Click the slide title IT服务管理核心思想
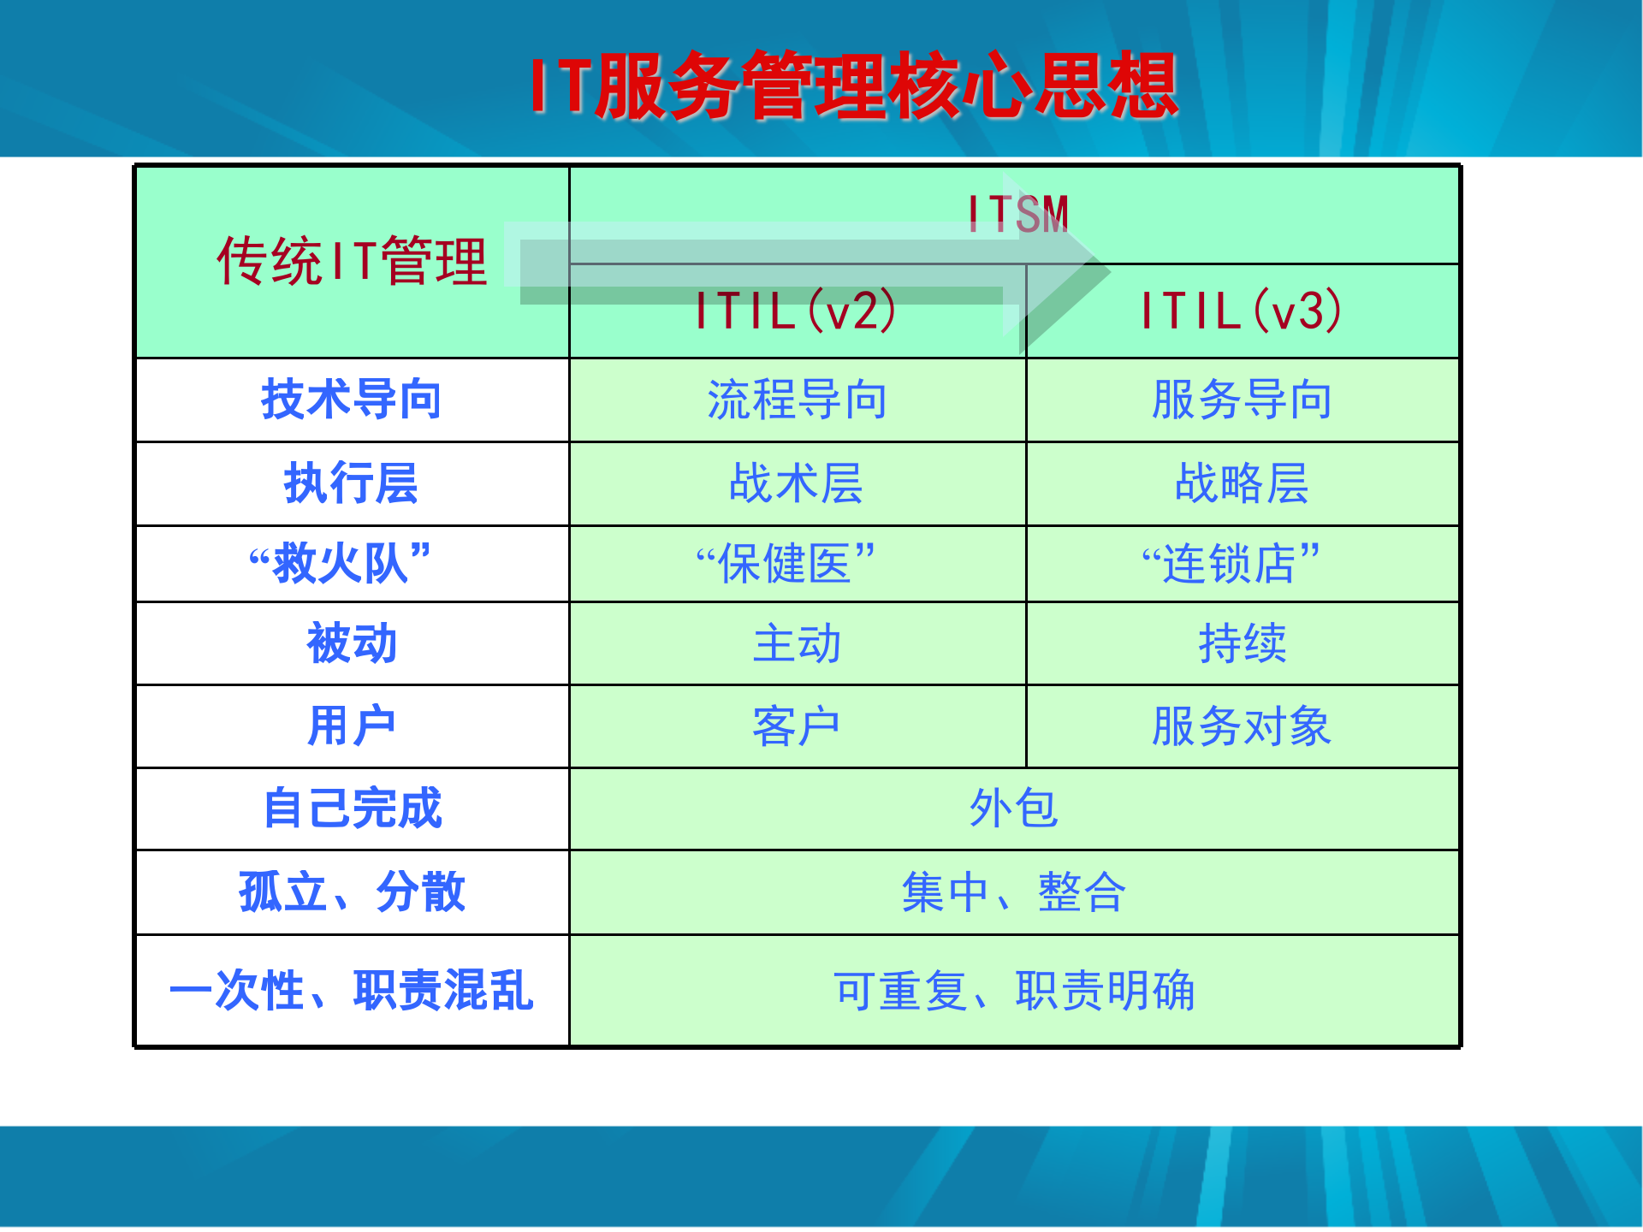pos(854,86)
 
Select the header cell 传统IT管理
pos(352,261)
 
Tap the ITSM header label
pos(1018,214)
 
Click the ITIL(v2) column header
pos(796,311)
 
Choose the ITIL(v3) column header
pos(1242,311)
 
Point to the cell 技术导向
pos(352,400)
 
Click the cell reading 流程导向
pos(797,400)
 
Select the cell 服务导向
pos(1242,400)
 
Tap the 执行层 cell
pos(352,483)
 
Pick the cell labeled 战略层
pos(1242,483)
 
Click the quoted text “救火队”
pos(341,563)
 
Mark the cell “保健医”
pos(786,563)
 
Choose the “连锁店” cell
pos(1231,563)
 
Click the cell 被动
pos(352,643)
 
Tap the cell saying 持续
pos(1242,643)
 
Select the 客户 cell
pos(797,726)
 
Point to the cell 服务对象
pos(1242,726)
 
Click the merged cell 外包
pos(1014,808)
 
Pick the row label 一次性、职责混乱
pos(352,990)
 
